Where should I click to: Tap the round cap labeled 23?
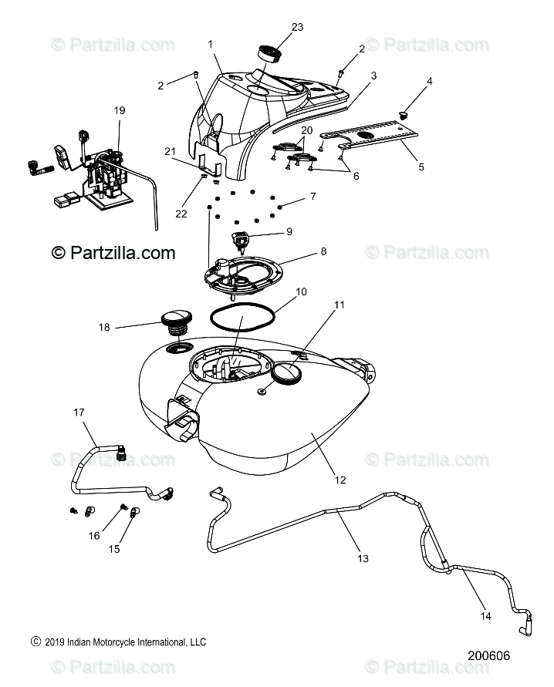coord(269,54)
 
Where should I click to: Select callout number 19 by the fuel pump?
coord(120,110)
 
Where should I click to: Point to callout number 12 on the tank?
coord(339,479)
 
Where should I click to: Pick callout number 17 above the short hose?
coord(79,413)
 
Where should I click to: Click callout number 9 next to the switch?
coord(268,231)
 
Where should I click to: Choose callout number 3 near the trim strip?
coord(373,76)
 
